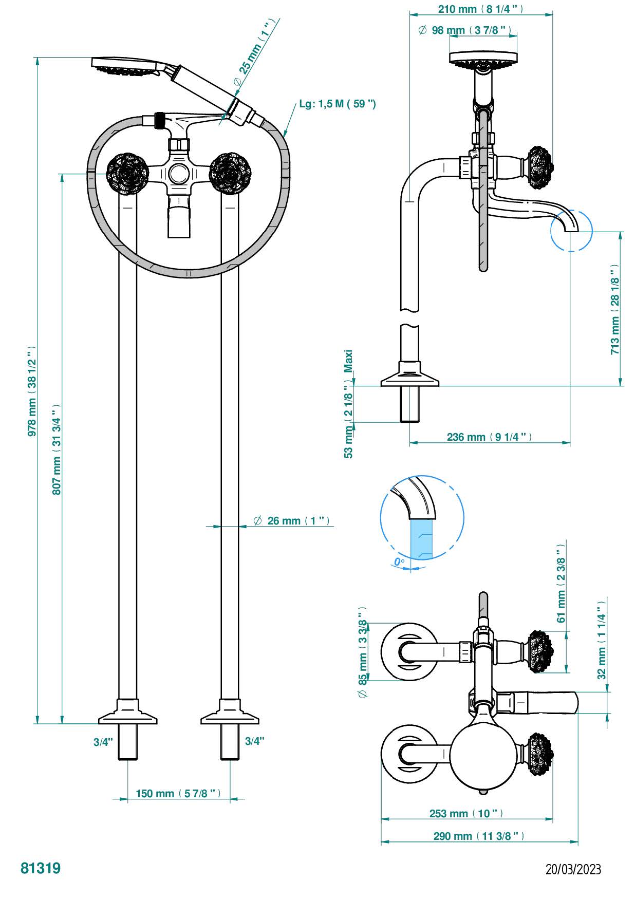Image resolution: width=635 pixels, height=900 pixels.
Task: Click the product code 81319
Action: pyautogui.click(x=41, y=868)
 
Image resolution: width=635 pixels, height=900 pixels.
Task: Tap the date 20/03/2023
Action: pyautogui.click(x=573, y=869)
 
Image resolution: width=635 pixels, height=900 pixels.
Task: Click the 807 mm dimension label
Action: pyautogui.click(x=57, y=449)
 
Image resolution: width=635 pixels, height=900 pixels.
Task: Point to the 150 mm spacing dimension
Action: pyautogui.click(x=178, y=794)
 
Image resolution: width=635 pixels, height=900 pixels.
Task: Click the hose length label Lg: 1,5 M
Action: pyautogui.click(x=338, y=104)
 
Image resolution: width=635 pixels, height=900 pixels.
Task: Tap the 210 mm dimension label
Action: pyautogui.click(x=480, y=9)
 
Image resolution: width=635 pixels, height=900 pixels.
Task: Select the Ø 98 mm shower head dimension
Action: pyautogui.click(x=465, y=30)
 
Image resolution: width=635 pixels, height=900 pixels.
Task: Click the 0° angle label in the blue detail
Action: pyautogui.click(x=399, y=562)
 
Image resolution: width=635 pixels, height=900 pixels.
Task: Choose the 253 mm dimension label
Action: pyautogui.click(x=466, y=813)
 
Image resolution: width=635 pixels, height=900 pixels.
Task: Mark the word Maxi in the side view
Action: pyautogui.click(x=349, y=361)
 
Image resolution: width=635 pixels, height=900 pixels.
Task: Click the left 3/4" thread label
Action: pyautogui.click(x=103, y=742)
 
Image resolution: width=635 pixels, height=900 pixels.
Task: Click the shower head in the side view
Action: pyautogui.click(x=483, y=59)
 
